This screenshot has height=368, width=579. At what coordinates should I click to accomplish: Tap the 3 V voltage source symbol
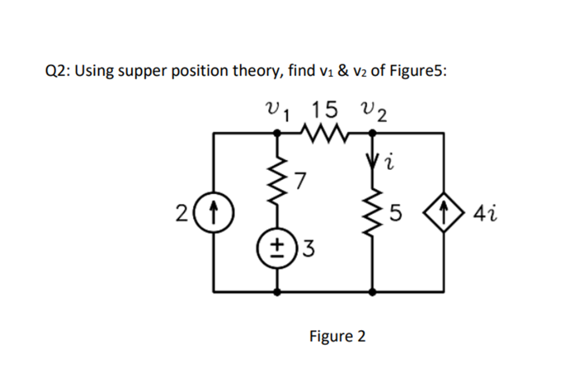pos(278,247)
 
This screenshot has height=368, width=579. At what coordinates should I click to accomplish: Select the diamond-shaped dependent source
pos(444,214)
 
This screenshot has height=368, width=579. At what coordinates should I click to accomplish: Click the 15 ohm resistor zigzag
pos(324,133)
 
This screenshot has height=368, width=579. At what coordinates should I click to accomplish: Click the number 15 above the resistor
pos(324,107)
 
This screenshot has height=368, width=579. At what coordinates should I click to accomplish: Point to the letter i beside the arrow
pos(390,164)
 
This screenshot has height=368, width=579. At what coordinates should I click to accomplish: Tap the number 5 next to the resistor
pos(396,214)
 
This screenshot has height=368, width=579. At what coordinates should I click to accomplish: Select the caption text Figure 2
pos(337,337)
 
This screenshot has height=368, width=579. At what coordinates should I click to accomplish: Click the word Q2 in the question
pos(57,72)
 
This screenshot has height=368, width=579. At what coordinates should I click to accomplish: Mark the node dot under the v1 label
pos(278,133)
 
